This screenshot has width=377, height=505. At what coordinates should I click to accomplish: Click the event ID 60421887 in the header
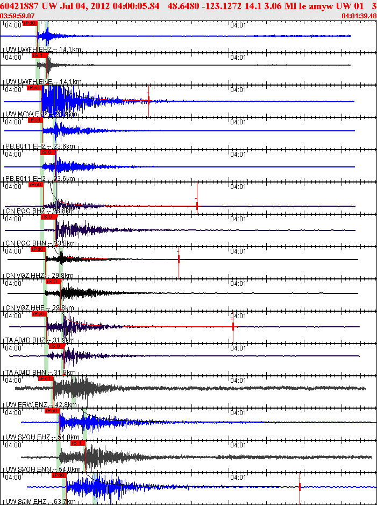pos(18,6)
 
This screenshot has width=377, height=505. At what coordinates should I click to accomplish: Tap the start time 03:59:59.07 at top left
pos(18,16)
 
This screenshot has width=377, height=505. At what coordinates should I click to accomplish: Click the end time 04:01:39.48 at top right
pos(359,16)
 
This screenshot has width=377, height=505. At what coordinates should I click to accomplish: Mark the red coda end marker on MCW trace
pos(149,101)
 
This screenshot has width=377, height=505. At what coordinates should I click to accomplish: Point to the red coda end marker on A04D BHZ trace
pos(233,326)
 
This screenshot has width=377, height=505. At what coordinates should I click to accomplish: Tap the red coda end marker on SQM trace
pos(300,487)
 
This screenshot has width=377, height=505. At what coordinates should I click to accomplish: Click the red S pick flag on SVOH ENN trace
pos(79,443)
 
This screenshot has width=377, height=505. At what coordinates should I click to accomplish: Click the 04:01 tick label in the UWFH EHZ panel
pos(238,25)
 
